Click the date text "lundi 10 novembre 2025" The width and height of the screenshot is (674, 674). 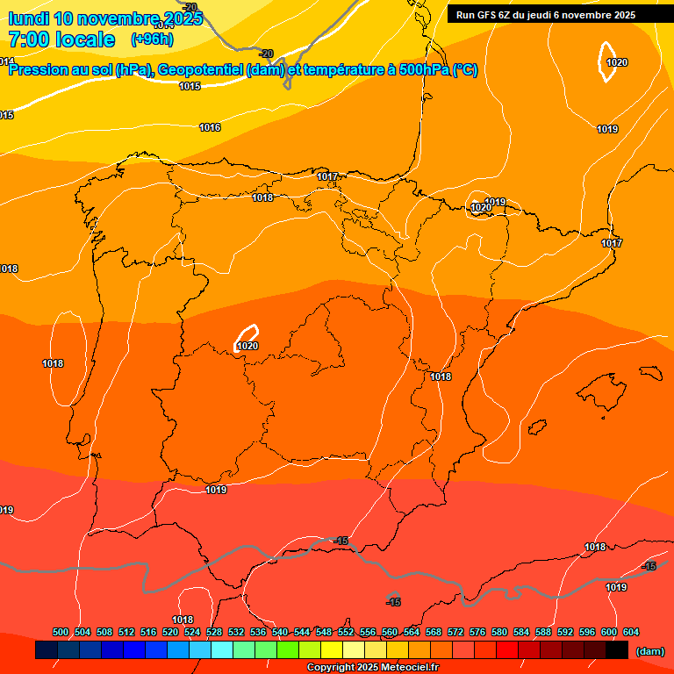(105, 18)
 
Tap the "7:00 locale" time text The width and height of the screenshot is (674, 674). (61, 39)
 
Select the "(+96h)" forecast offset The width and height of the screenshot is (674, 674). (152, 39)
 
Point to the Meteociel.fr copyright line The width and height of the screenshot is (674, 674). (372, 668)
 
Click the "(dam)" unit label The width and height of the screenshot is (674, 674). (649, 651)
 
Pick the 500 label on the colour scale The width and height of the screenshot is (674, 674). (61, 632)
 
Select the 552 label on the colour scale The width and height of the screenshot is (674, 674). (346, 632)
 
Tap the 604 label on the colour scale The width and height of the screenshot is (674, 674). (631, 632)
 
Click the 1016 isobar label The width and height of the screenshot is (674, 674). (210, 128)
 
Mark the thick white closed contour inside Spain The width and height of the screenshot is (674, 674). (247, 334)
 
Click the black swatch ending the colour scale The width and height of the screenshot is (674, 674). (617, 650)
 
